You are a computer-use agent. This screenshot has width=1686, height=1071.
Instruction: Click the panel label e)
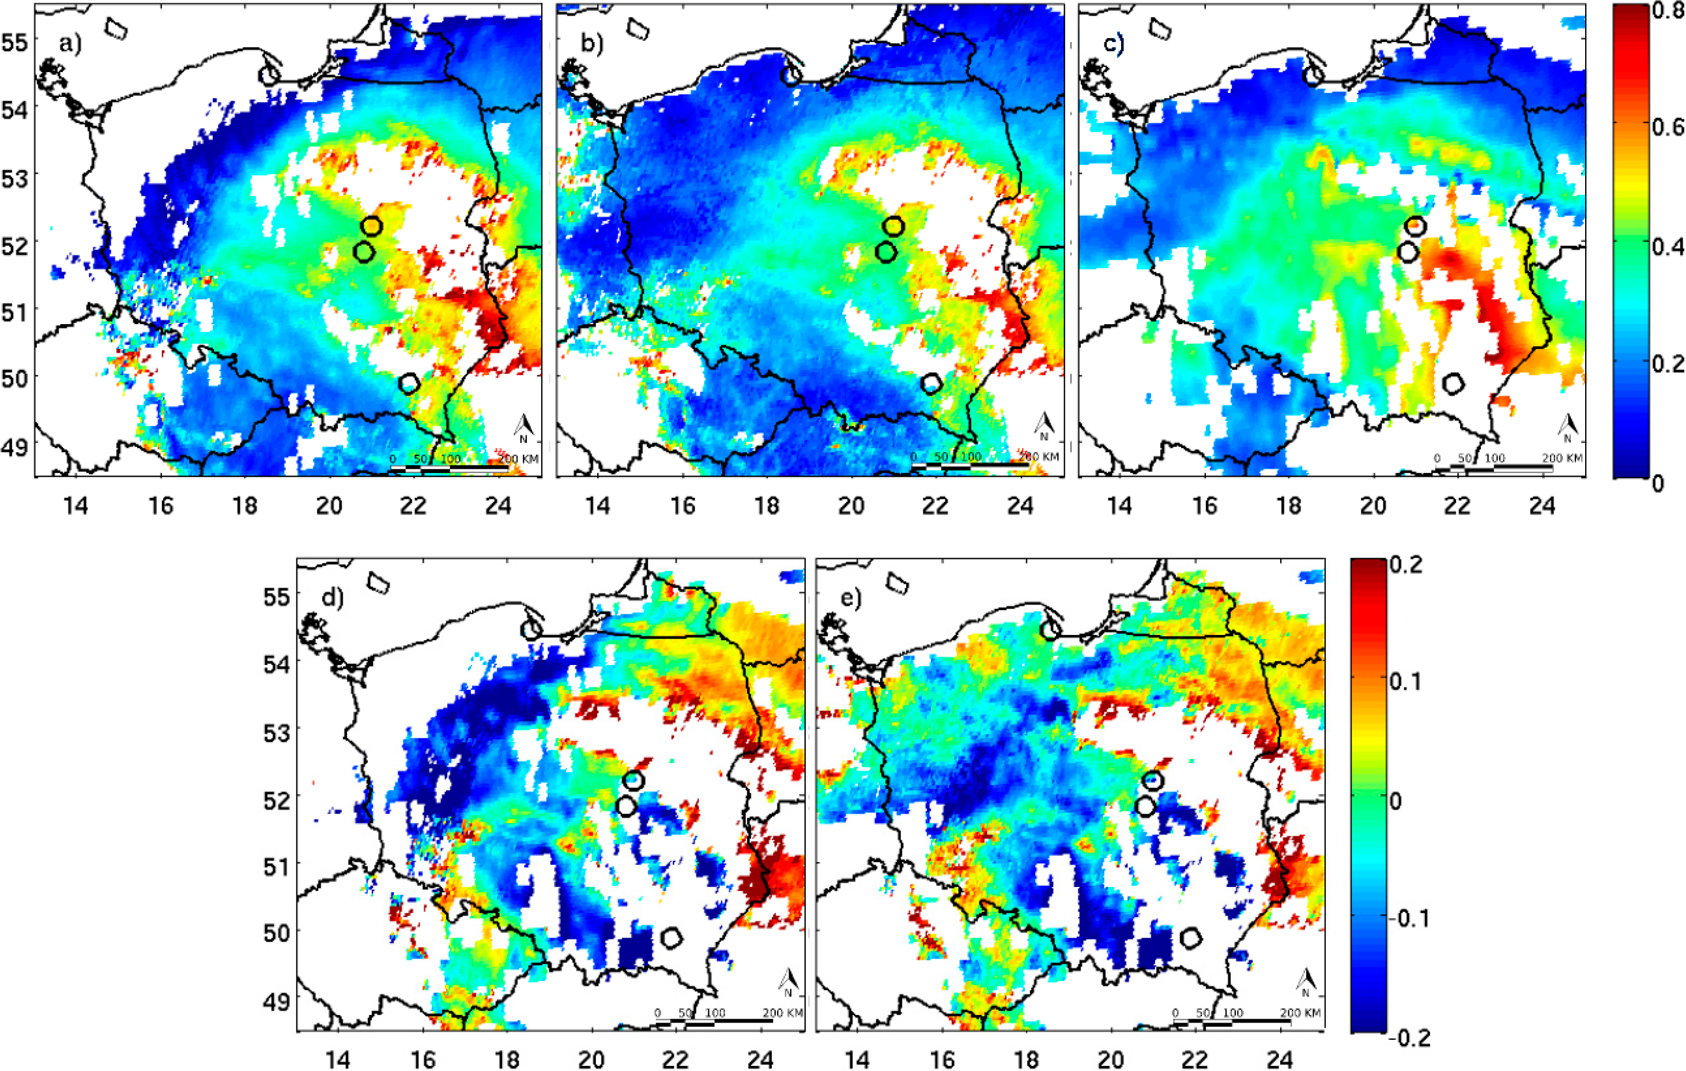click(x=851, y=598)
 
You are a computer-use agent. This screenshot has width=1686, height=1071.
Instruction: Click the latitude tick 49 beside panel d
click(x=277, y=1000)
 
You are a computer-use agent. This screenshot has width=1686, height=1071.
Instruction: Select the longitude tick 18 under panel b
click(x=767, y=505)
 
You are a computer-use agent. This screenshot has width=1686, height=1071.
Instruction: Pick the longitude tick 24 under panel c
click(x=1542, y=505)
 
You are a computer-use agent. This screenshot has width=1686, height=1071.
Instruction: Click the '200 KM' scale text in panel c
click(x=1562, y=458)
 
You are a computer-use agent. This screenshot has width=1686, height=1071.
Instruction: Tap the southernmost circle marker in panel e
click(x=1191, y=937)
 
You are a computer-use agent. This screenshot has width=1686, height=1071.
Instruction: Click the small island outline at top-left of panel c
click(x=1160, y=28)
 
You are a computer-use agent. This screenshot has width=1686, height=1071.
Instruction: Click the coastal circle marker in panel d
click(x=531, y=629)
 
